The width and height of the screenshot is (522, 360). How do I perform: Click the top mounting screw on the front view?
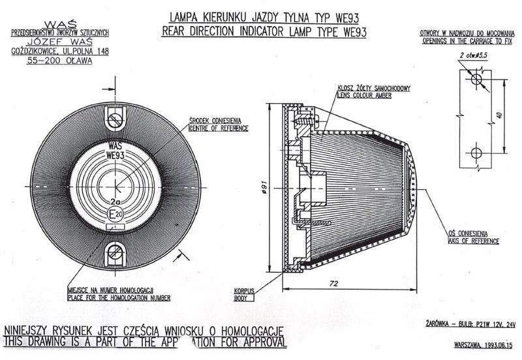point(116,120)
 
